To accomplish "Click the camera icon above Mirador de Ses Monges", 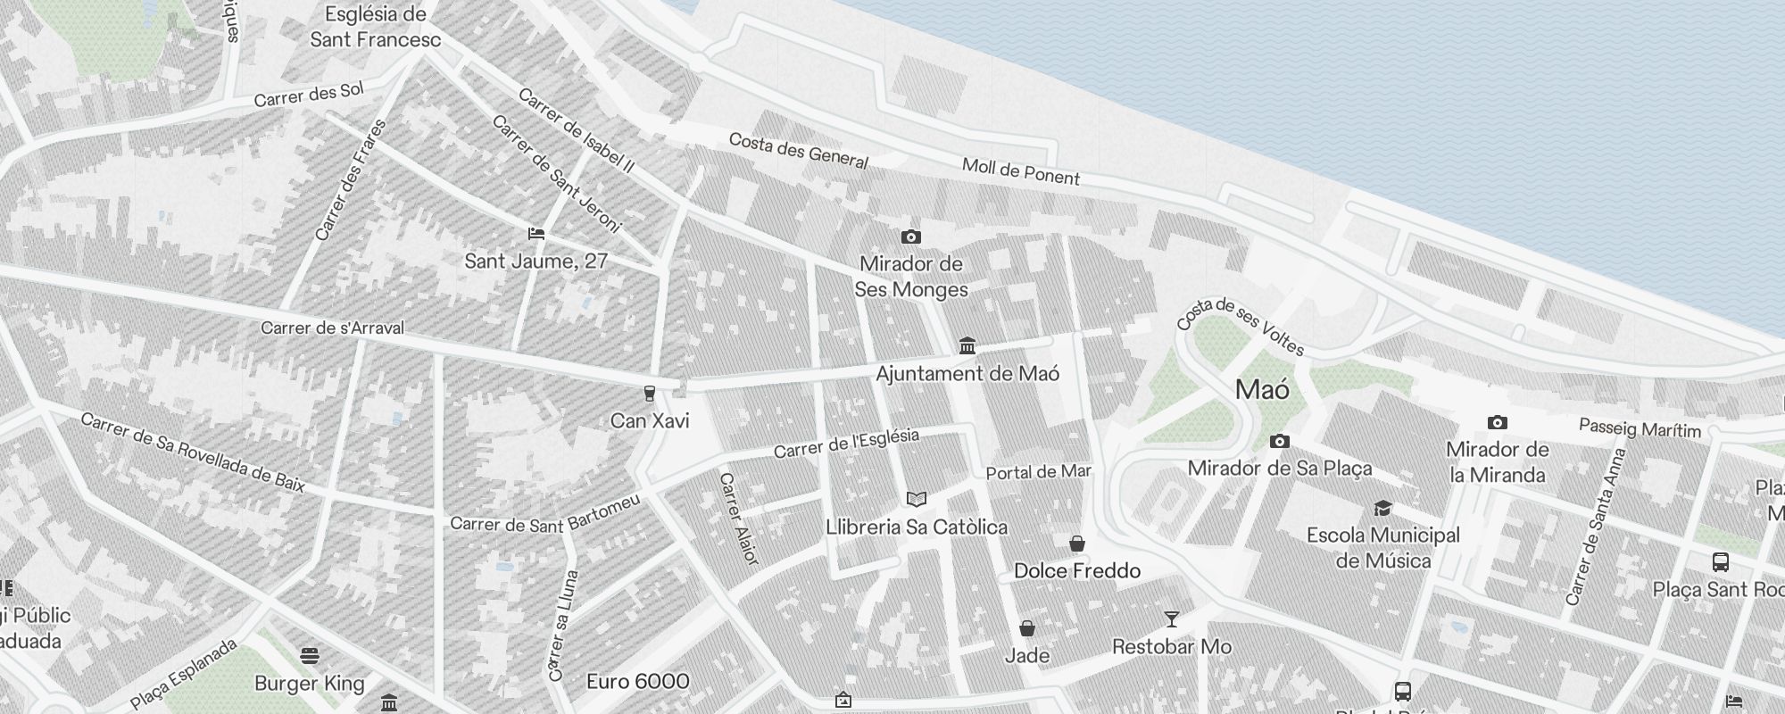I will click(910, 237).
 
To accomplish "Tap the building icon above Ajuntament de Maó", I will click(967, 345).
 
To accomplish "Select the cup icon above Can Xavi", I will click(650, 394).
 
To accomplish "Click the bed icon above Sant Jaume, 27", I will click(536, 234).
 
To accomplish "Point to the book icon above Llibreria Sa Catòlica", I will click(917, 499).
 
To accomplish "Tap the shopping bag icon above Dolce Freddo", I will click(1077, 543).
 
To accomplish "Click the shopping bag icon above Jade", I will click(1027, 628).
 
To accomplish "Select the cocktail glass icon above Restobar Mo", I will click(1171, 619).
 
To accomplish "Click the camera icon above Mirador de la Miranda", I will click(1497, 422).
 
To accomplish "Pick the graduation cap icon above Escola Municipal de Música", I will click(1382, 508).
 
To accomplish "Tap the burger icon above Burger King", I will click(310, 657).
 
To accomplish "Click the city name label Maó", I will click(1262, 390).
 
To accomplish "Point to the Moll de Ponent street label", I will click(1020, 170).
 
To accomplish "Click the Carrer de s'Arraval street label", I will click(332, 328).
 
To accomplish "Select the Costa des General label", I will click(798, 151).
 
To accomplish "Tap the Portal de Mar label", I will click(1038, 472).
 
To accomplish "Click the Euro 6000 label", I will click(637, 682).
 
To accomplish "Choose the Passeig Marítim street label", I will click(1640, 428).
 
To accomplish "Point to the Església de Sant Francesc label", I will click(376, 27).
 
